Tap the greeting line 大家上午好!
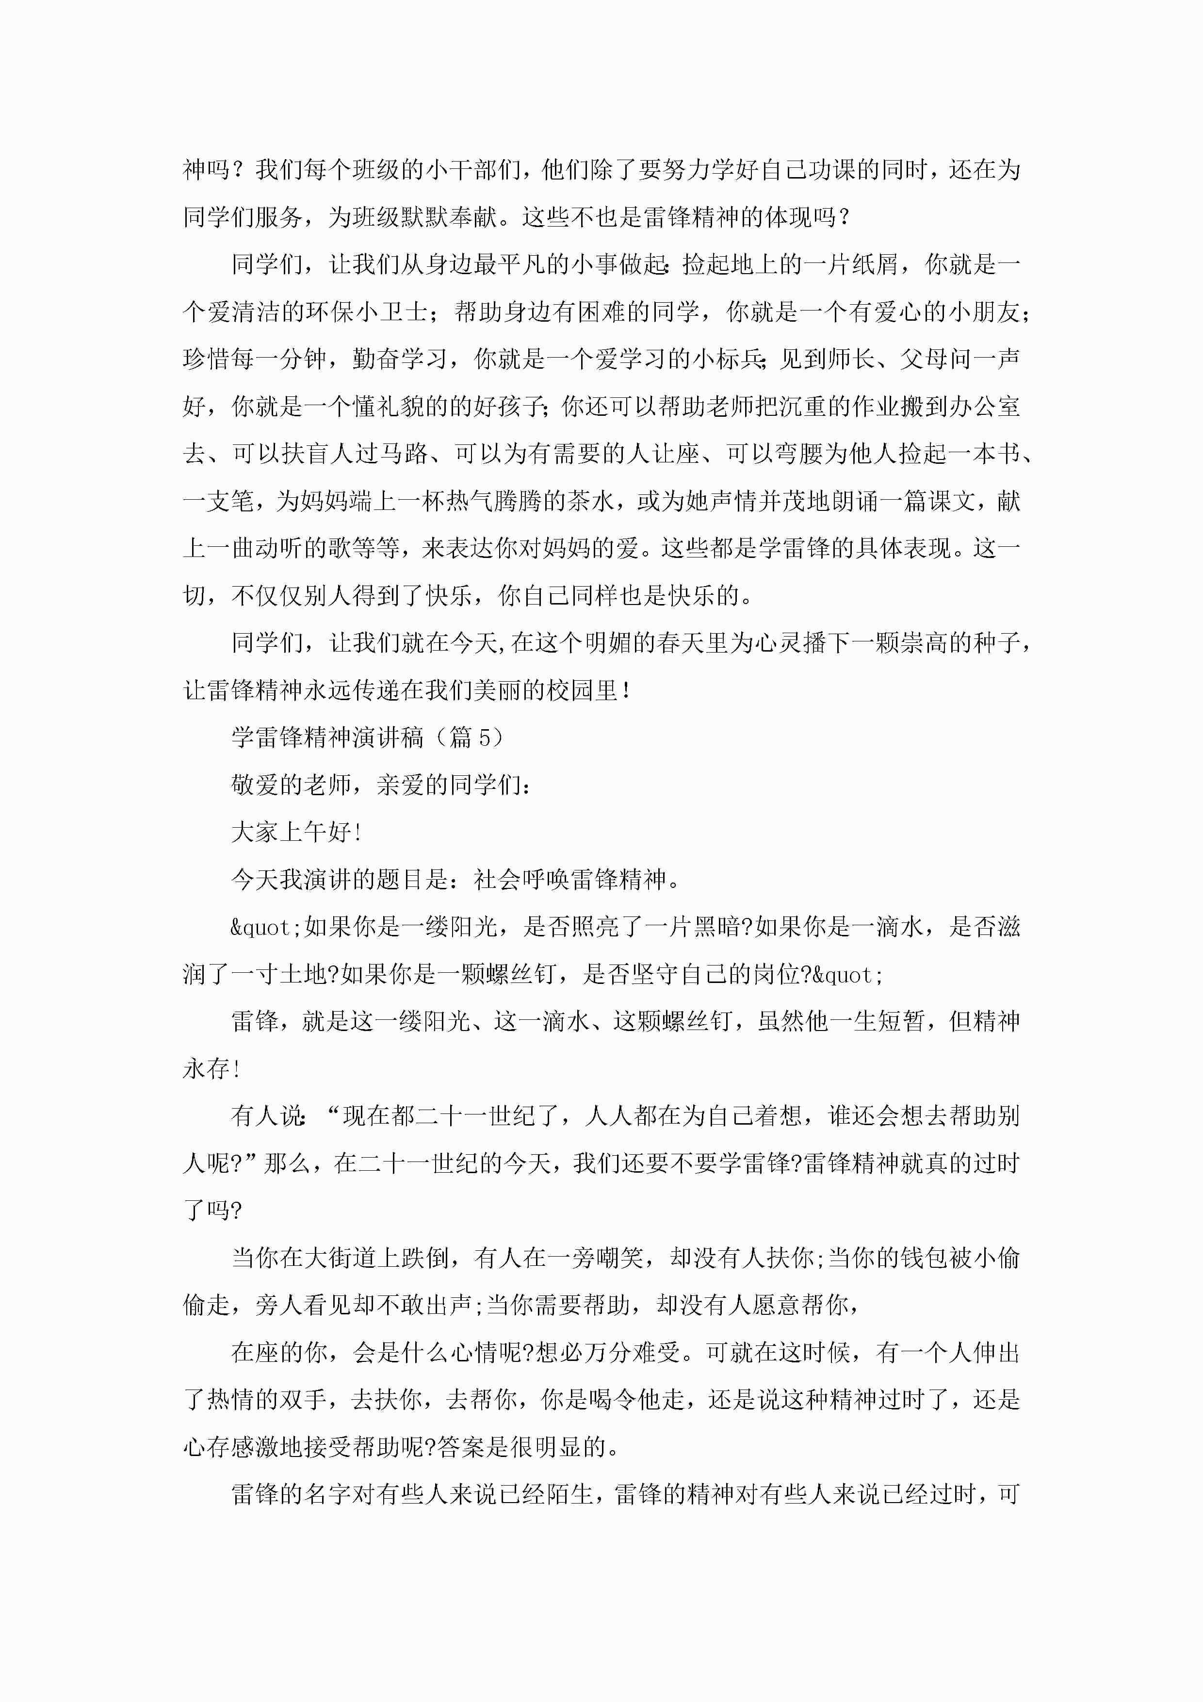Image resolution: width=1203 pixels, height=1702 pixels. [296, 833]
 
